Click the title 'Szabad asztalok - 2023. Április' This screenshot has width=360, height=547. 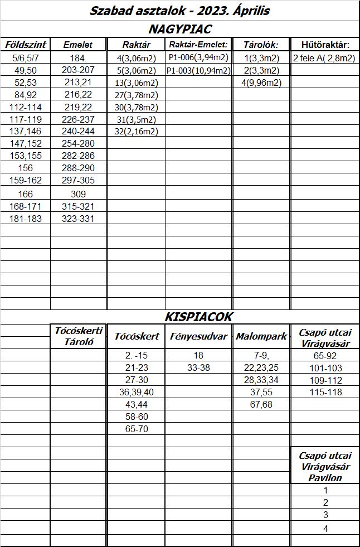tap(180, 11)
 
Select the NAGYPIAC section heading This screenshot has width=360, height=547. tap(180, 29)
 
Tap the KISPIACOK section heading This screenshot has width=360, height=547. tap(198, 317)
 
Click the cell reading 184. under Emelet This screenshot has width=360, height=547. tap(79, 58)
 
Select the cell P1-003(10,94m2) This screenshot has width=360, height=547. tap(198, 70)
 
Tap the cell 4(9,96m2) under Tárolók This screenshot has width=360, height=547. tap(261, 83)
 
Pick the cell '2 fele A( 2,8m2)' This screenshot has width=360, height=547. tap(324, 58)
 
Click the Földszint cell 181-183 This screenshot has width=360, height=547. tap(26, 219)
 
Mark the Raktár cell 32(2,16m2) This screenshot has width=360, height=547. tap(136, 132)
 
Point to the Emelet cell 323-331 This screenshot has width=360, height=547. tap(79, 219)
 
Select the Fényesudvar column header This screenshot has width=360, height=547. tap(198, 336)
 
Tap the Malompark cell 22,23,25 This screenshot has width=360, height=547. tap(261, 368)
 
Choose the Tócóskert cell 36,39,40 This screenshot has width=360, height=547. tap(137, 393)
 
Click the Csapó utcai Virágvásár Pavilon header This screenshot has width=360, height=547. tap(324, 467)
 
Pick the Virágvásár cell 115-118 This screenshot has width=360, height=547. tap(324, 393)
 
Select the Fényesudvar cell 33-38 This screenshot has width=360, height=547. tap(198, 368)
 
